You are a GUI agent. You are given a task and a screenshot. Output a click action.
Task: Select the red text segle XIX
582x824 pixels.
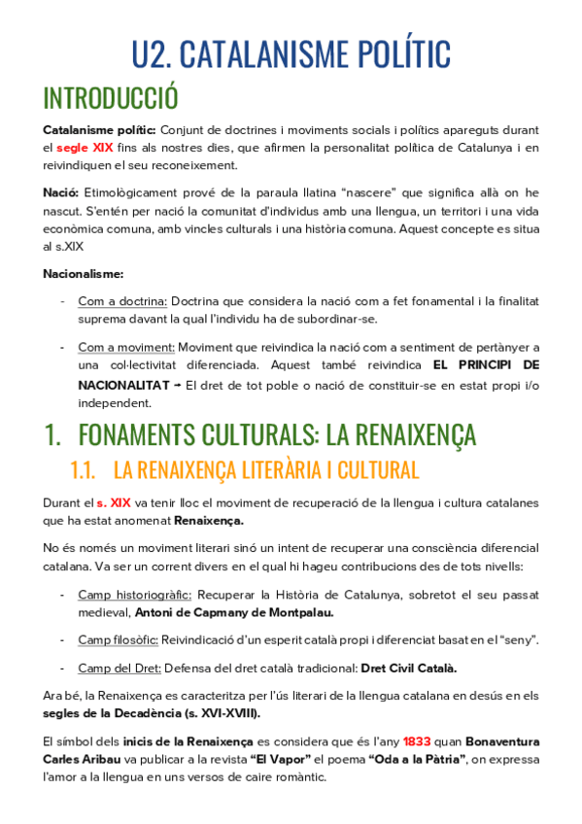click(85, 148)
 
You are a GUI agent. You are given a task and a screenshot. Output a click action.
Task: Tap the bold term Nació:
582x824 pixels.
click(60, 193)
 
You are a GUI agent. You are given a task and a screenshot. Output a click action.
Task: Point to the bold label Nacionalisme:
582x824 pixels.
click(83, 273)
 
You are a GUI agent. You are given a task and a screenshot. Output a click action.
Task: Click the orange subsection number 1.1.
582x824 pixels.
click(83, 470)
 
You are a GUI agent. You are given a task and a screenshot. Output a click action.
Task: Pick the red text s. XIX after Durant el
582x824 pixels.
click(114, 503)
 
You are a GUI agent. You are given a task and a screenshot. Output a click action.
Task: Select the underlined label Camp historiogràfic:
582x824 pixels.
click(135, 595)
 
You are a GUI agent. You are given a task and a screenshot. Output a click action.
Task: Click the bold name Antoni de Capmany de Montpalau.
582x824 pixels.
click(233, 612)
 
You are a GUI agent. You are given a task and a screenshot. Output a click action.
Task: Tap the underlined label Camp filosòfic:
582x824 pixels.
click(121, 639)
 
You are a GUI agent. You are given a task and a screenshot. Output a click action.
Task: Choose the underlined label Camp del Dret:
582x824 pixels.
click(120, 668)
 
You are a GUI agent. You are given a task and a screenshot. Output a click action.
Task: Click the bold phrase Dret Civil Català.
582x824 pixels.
click(408, 668)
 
